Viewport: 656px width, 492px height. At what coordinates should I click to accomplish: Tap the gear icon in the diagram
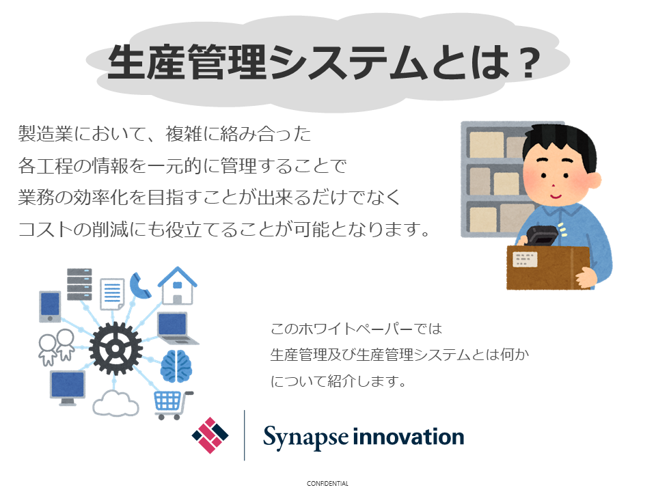115,348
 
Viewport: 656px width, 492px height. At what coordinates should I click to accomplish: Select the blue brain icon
176,366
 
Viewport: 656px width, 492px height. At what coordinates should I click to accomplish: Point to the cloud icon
115,403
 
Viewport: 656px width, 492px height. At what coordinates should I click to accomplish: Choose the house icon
178,286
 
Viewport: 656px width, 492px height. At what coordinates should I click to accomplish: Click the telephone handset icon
139,286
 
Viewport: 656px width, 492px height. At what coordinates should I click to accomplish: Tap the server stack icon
79,284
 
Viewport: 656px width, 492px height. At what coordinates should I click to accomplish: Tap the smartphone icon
50,307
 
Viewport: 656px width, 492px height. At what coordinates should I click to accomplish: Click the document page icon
112,294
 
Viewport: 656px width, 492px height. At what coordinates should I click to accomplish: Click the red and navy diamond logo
210,435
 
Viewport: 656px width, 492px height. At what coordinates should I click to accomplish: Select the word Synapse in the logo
305,437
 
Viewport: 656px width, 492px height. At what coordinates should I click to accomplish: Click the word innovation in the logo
409,437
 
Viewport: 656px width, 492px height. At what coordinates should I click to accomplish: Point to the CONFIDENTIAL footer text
327,484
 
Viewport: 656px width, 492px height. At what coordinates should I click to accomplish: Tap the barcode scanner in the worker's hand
542,236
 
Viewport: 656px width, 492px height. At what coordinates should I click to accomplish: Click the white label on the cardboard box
525,260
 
